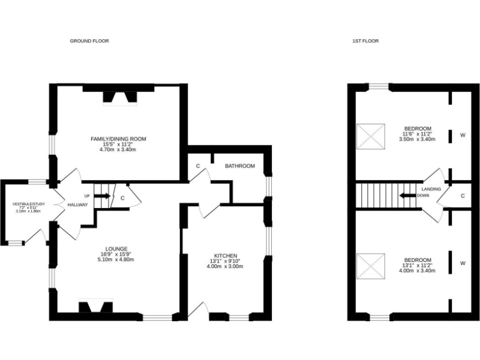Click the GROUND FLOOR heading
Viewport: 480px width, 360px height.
pyautogui.click(x=89, y=41)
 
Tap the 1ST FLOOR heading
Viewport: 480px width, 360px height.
pyautogui.click(x=365, y=41)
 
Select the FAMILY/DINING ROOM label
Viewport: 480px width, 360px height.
pyautogui.click(x=118, y=139)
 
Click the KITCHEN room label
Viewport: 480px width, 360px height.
pyautogui.click(x=224, y=256)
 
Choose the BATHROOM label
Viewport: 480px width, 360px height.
pyautogui.click(x=240, y=166)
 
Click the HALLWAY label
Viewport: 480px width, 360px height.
pyautogui.click(x=78, y=205)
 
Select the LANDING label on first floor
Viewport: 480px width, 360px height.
pyautogui.click(x=431, y=189)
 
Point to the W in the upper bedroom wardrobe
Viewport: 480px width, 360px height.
pyautogui.click(x=463, y=135)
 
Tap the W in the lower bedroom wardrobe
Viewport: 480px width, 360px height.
pyautogui.click(x=463, y=263)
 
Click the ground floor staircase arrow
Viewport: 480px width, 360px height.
pyautogui.click(x=103, y=196)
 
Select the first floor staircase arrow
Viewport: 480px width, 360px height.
pyautogui.click(x=408, y=195)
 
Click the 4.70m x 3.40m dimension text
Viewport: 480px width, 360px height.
pyautogui.click(x=118, y=150)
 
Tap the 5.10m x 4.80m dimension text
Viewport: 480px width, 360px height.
pyautogui.click(x=117, y=260)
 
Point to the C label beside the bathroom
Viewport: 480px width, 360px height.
pyautogui.click(x=197, y=166)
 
